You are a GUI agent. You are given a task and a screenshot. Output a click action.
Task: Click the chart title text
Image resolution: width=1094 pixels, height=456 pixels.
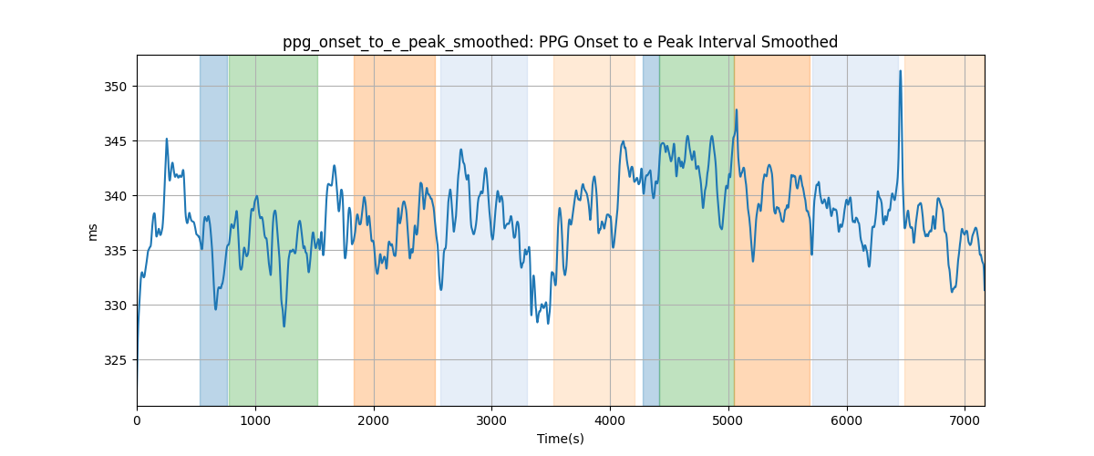pos(560,42)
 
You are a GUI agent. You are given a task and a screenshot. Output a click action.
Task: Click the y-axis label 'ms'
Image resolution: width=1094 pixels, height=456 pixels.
pos(92,233)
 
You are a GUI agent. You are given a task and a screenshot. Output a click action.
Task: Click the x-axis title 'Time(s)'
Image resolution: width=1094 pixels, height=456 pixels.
pos(560,439)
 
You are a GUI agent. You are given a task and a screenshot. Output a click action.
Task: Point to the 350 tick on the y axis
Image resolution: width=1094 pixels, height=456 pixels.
pos(115,87)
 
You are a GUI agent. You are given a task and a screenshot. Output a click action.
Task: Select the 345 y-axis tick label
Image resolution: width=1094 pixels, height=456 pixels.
pos(115,141)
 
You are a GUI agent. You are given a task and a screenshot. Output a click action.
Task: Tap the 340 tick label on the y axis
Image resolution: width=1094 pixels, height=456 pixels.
pos(115,196)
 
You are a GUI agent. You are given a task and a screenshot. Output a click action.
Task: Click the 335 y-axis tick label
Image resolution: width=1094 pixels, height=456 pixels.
pos(115,251)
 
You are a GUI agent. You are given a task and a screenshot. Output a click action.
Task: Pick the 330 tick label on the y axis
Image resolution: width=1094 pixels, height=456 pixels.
pos(115,306)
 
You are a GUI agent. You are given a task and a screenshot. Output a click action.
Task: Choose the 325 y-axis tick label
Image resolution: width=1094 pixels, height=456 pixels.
pos(115,360)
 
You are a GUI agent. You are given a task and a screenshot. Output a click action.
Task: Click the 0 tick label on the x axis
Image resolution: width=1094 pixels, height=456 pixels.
pos(138,420)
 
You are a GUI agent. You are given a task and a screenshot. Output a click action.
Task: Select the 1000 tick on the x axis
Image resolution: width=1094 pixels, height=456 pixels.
pos(255,420)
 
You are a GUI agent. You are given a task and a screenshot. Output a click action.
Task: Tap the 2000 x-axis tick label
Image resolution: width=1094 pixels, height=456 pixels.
pos(374,420)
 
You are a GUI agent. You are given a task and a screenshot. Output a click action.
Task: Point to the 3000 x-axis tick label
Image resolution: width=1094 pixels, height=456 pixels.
pos(491,420)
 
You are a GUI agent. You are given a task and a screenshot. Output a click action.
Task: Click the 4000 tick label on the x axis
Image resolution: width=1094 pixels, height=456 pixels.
pos(610,420)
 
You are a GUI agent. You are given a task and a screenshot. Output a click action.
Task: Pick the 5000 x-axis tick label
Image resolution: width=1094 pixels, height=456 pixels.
pos(728,420)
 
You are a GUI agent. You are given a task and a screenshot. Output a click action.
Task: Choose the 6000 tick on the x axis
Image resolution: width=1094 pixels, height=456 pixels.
pos(846,420)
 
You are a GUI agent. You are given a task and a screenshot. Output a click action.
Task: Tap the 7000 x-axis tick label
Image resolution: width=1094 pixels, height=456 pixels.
pos(965,420)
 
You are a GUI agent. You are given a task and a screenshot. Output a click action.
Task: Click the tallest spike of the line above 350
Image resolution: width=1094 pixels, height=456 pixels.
pos(900,71)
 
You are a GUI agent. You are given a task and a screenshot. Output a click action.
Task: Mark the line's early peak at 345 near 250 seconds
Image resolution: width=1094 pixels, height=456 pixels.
pos(167,140)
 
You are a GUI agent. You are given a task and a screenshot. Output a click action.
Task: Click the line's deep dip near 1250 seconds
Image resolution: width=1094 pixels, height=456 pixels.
pos(284,326)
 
